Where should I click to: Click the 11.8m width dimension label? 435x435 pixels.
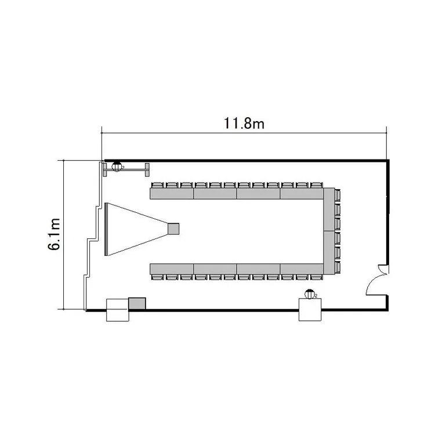pyautogui.click(x=244, y=124)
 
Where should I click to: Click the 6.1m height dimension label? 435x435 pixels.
pyautogui.click(x=55, y=234)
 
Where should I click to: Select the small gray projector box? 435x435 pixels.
pyautogui.click(x=173, y=229)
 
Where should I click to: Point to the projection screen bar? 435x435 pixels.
pyautogui.click(x=106, y=229)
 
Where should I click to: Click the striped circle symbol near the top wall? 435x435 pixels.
pyautogui.click(x=117, y=166)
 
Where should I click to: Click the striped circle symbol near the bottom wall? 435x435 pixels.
pyautogui.click(x=309, y=294)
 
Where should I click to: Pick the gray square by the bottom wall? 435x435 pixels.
pyautogui.click(x=137, y=303)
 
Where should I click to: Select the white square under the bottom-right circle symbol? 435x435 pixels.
pyautogui.click(x=310, y=310)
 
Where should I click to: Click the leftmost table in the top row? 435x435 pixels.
pyautogui.click(x=172, y=194)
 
